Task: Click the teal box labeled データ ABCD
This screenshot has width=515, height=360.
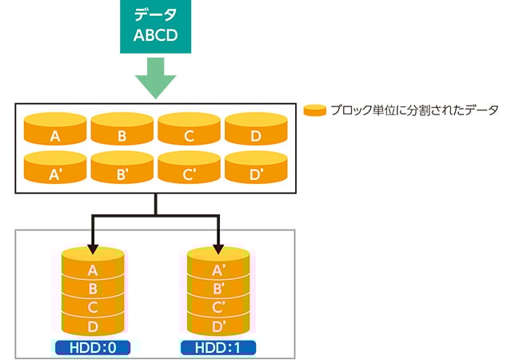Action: [x=155, y=26]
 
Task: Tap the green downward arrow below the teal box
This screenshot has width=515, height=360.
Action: [x=155, y=78]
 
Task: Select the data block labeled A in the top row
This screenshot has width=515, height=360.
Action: [x=55, y=129]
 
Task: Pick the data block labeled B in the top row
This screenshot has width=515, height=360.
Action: [x=122, y=129]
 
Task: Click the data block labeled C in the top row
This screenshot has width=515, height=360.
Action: [x=189, y=129]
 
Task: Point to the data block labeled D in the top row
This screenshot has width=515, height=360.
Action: [x=256, y=129]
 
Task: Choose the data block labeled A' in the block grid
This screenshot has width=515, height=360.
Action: [x=55, y=167]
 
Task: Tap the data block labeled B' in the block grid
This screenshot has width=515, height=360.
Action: [x=122, y=167]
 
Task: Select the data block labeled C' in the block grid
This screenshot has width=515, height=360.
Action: [x=189, y=167]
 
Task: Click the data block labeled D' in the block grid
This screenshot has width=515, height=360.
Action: [x=256, y=167]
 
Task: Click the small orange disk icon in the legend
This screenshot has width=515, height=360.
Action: [x=314, y=110]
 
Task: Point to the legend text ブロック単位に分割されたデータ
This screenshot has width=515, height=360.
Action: [x=415, y=110]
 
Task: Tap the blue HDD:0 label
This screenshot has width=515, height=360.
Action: [x=93, y=348]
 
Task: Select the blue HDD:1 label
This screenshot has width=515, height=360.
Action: [x=218, y=348]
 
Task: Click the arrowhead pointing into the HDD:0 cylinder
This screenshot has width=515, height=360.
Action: [x=93, y=250]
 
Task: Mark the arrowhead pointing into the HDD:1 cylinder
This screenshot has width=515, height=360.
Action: [x=218, y=250]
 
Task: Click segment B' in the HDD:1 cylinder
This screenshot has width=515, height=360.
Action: [x=218, y=288]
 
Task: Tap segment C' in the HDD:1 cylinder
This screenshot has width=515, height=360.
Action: [x=218, y=306]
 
